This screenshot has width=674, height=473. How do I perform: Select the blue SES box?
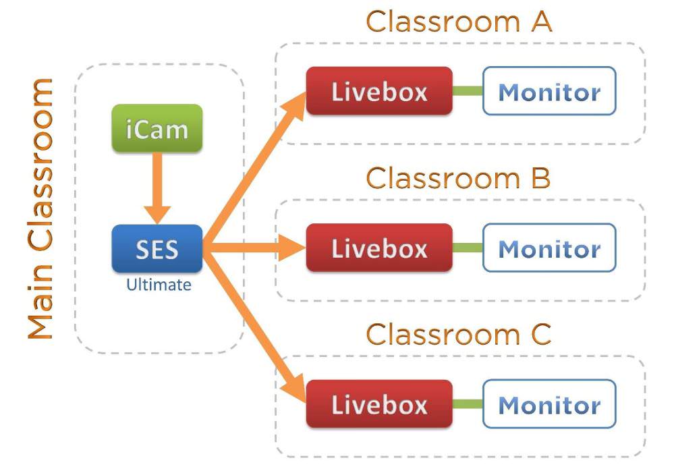click(157, 249)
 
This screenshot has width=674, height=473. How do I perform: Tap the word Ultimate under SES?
click(159, 285)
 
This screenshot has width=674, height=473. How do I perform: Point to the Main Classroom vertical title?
click(40, 209)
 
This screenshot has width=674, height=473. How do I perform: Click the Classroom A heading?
click(459, 22)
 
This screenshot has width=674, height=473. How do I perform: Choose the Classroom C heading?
click(459, 334)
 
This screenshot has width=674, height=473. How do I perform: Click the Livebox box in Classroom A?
click(379, 91)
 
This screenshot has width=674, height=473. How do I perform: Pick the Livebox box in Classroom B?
click(379, 248)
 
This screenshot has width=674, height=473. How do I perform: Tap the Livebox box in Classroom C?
click(379, 404)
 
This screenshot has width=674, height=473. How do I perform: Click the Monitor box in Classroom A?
click(549, 91)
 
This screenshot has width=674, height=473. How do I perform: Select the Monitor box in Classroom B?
click(549, 248)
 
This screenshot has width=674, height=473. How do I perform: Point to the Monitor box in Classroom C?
click(549, 404)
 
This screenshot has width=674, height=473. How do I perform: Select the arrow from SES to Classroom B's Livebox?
click(253, 248)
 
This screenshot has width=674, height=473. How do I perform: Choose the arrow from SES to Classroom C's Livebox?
click(253, 324)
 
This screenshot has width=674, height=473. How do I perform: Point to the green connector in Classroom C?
click(467, 404)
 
